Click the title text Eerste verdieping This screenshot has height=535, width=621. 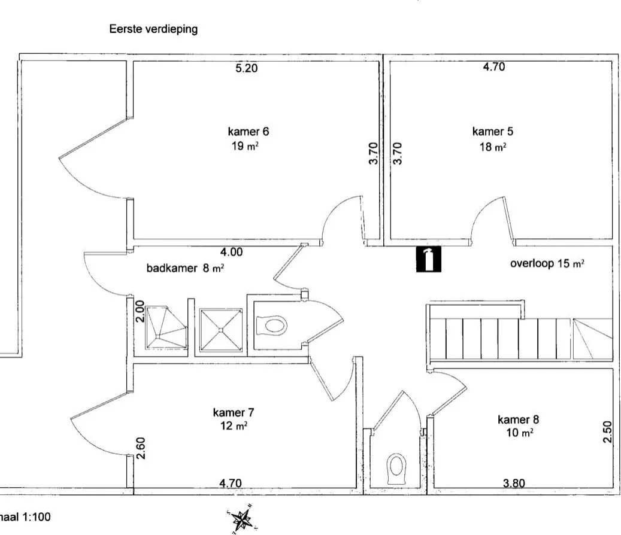tap(153, 29)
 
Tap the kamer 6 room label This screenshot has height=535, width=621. tap(249, 132)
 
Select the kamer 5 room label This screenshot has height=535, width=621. tap(493, 132)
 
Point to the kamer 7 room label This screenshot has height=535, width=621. tap(234, 413)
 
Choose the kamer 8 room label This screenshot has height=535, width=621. tap(518, 420)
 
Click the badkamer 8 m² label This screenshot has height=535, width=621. tap(186, 268)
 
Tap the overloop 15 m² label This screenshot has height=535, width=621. tap(547, 263)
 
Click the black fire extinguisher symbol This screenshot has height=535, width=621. tap(429, 259)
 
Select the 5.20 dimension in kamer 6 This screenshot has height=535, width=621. tap(246, 68)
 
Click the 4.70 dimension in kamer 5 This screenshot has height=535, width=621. tap(494, 66)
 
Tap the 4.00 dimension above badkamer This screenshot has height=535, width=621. tap(231, 252)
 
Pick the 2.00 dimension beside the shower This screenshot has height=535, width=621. tap(140, 312)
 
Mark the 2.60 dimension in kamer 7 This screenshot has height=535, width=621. tap(141, 448)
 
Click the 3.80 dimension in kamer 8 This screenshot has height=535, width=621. tap(514, 483)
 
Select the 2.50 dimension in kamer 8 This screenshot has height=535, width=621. tap(607, 431)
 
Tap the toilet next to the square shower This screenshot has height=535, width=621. tap(271, 326)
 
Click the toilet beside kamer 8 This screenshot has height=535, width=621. tap(396, 469)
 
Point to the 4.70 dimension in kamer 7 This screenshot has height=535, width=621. tap(231, 483)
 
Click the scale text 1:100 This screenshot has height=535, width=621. tap(37, 517)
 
